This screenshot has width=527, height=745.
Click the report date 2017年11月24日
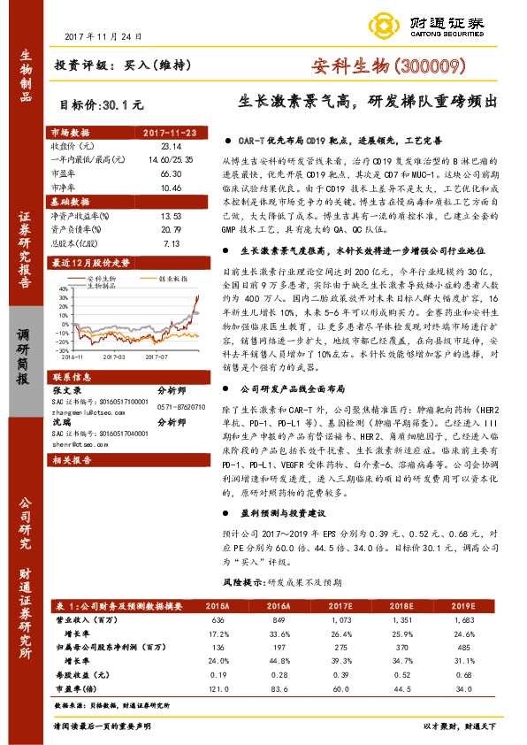point(103,35)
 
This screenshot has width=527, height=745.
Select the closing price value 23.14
point(171,145)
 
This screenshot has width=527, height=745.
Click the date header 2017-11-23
point(171,133)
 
